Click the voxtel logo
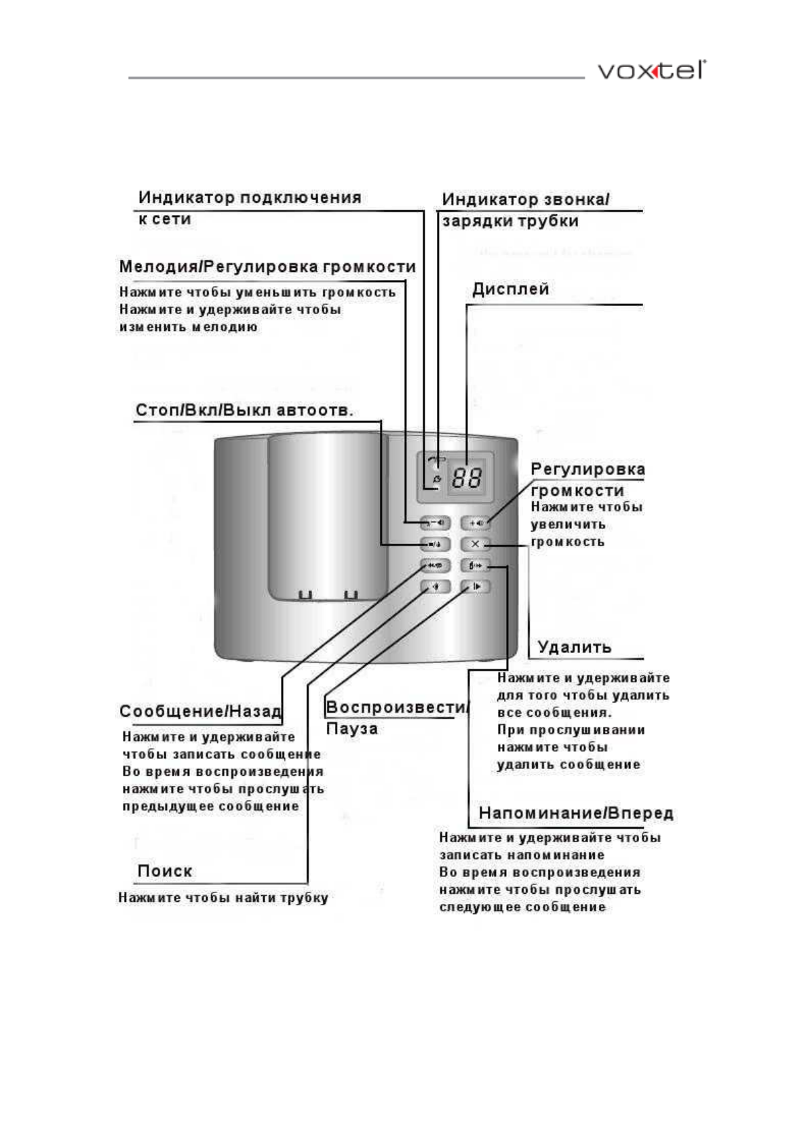pos(651,71)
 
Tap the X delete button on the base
pos(475,544)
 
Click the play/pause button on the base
pos(475,587)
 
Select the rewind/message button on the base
pos(435,566)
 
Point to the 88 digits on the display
pos(467,479)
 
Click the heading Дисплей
pos(510,290)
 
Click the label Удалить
pos(574,647)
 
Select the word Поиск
pos(165,871)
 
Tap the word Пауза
pos(351,729)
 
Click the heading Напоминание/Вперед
pos(576,813)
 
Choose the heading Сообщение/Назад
pos(200,711)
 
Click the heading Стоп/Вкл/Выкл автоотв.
pos(244,411)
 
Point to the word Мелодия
pos(157,267)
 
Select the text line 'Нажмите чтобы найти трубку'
pos(223,898)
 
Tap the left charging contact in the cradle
pos(305,595)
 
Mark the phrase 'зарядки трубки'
pos(510,221)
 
